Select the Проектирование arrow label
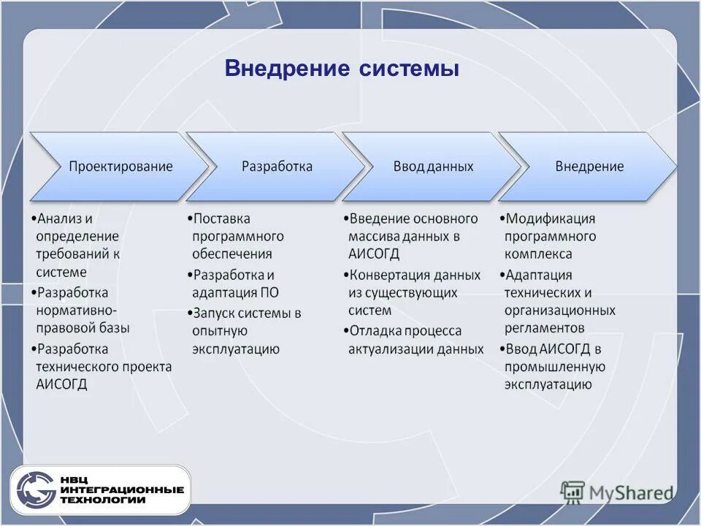(120, 167)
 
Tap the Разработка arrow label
(277, 167)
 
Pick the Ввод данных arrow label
(433, 167)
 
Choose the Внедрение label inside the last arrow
(589, 167)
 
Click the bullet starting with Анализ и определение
(77, 245)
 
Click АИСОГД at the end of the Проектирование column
(61, 384)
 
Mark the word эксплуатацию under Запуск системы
(235, 348)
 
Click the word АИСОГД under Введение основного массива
(374, 254)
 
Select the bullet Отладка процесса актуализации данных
(415, 340)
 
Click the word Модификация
(551, 218)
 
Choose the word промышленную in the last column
(554, 367)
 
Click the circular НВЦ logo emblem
(36, 490)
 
